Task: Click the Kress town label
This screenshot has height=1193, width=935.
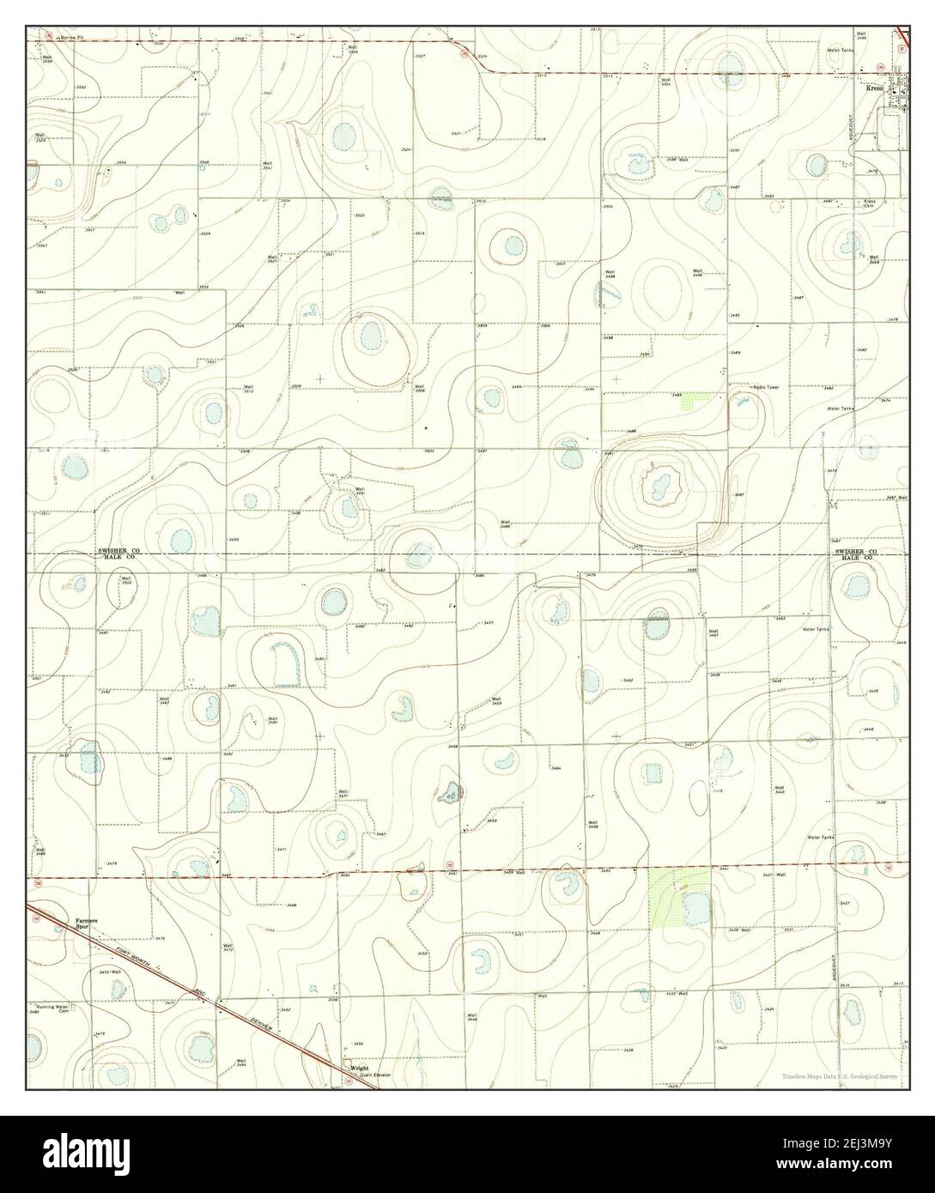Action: click(875, 88)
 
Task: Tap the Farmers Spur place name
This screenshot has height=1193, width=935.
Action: click(86, 922)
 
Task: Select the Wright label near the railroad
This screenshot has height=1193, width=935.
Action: click(359, 1067)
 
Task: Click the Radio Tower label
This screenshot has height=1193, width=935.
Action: click(766, 387)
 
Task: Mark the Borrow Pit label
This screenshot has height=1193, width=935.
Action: click(71, 38)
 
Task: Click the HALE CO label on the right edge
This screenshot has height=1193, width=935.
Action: click(856, 558)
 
